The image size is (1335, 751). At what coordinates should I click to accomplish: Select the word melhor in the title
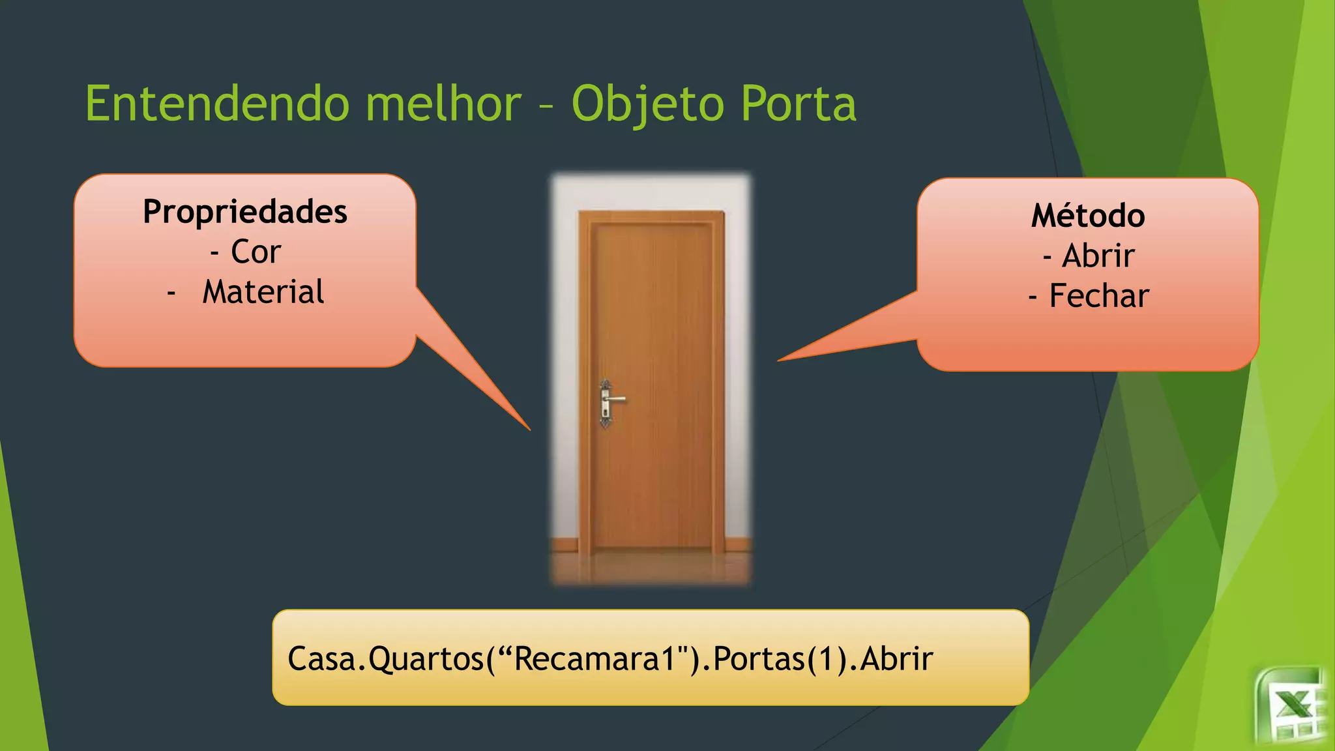[x=443, y=104]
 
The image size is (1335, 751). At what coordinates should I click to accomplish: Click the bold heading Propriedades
[x=245, y=212]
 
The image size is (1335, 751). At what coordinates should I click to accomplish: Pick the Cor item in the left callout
[x=255, y=252]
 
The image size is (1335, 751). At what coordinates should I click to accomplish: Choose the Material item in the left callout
[x=263, y=291]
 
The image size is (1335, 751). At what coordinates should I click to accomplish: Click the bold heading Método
[x=1088, y=216]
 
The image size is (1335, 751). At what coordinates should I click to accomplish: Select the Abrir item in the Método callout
[x=1098, y=256]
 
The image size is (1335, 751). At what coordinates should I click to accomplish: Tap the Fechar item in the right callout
[x=1098, y=296]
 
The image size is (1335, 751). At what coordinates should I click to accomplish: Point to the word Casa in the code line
[x=322, y=658]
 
